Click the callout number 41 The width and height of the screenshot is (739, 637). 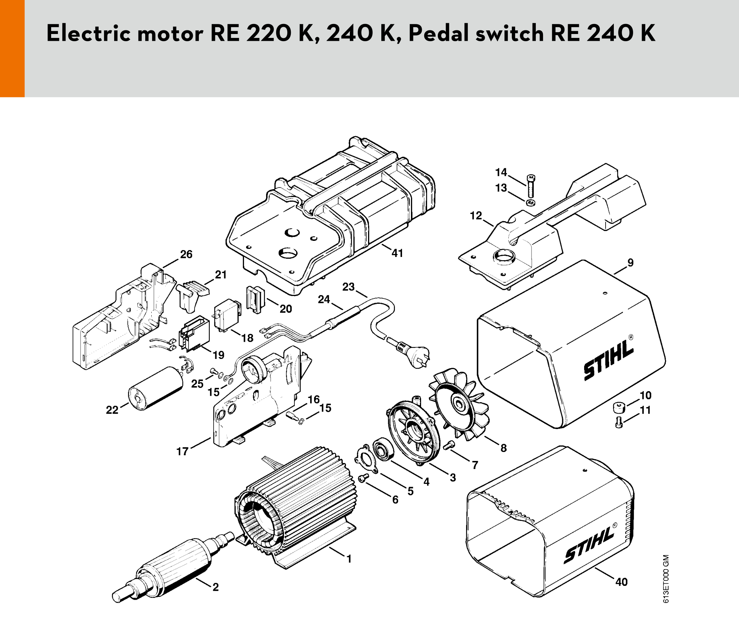point(397,253)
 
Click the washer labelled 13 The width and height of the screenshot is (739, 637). point(531,203)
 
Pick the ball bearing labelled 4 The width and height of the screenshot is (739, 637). point(383,450)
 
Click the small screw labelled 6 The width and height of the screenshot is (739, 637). point(363,478)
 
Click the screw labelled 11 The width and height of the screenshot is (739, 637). point(619,423)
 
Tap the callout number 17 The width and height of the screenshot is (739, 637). point(182,451)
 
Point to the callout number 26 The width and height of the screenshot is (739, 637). point(186,254)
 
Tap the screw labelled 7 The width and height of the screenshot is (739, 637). point(449,446)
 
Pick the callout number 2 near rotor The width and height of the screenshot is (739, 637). point(215,587)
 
